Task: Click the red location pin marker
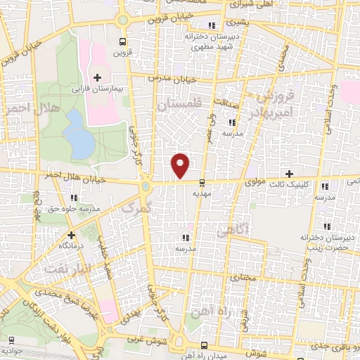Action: (181, 165)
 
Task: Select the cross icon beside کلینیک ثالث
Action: (288, 174)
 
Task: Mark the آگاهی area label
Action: (231, 230)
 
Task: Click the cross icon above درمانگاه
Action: (72, 236)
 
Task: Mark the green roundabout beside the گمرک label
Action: (146, 187)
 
